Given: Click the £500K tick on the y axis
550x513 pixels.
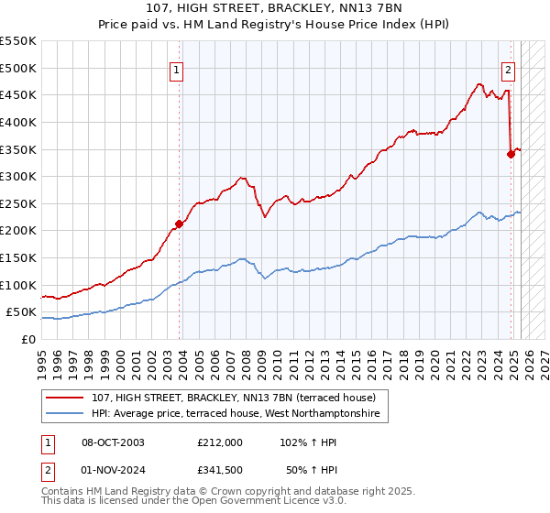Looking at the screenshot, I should (x=18, y=68).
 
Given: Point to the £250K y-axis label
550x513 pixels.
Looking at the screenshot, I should (x=18, y=203).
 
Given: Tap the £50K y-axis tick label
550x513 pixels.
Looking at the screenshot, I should (x=22, y=312).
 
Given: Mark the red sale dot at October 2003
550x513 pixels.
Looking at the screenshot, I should (x=180, y=224).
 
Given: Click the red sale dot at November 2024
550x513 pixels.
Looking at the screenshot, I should (x=511, y=154).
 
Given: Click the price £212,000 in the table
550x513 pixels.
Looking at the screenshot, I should (x=220, y=442).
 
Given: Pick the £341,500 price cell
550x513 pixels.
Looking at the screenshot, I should (x=220, y=469).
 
